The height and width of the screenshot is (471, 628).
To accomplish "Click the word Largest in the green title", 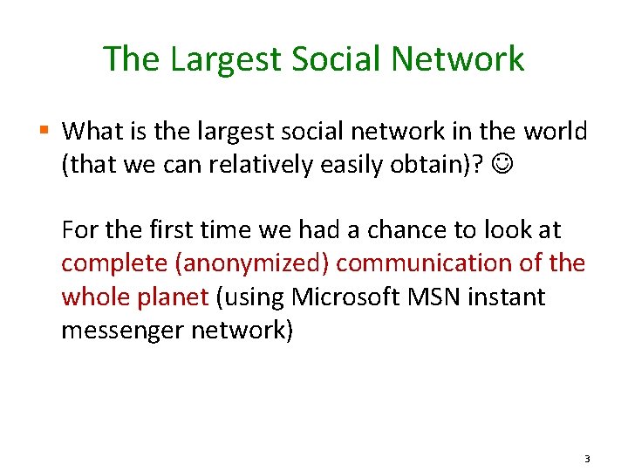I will click(226, 60).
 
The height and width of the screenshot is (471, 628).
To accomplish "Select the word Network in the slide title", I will click(459, 58).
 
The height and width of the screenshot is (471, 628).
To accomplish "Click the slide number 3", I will click(588, 459).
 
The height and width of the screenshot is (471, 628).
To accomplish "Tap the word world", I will click(556, 132).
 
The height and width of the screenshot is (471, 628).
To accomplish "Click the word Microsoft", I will click(343, 297).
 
